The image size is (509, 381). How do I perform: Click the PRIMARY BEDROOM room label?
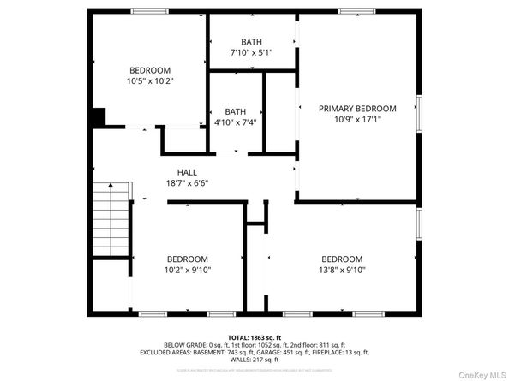357,109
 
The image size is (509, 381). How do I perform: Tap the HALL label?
187,171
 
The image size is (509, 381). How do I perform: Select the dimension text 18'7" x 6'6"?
187,182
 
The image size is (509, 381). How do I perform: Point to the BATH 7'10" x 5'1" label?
251,47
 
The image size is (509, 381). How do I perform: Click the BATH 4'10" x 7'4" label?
235,116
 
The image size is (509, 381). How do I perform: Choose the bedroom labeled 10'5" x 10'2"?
150,75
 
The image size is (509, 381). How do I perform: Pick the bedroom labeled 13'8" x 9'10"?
342,265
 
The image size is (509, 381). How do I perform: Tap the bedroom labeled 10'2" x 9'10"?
187,265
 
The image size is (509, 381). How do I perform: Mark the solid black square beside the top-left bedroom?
97,117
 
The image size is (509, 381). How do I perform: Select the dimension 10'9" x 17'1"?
357,120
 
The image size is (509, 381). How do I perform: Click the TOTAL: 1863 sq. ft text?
254,338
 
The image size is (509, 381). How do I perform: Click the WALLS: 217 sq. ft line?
254,360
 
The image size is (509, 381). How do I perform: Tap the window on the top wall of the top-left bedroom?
149,10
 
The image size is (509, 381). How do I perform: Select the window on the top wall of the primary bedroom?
357,10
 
